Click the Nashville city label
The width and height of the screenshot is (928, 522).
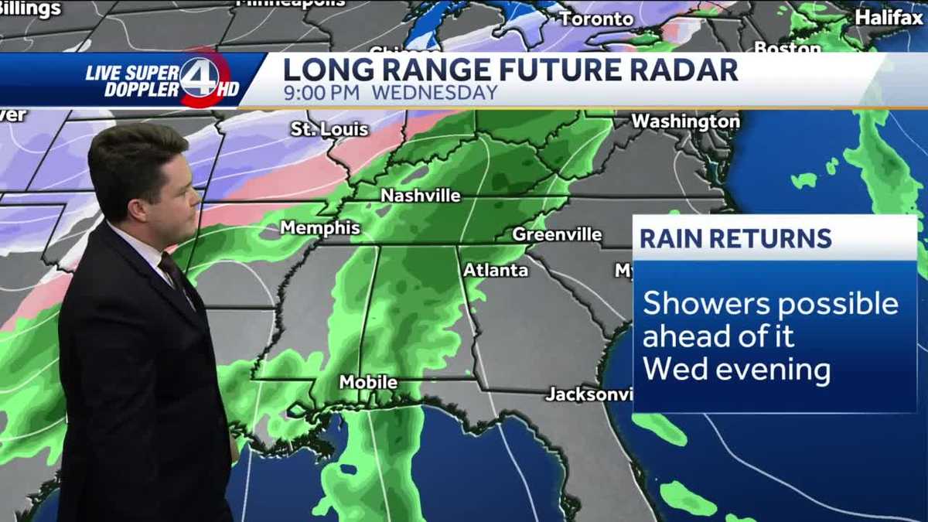coord(420,196)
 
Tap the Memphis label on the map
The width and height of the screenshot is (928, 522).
coord(320,228)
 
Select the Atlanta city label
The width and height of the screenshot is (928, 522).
coord(495,271)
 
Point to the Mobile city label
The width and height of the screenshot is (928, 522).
coord(368,383)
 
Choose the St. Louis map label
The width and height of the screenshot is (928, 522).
coord(329,129)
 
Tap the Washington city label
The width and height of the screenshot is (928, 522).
coord(685,121)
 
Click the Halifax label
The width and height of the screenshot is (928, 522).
coord(889,17)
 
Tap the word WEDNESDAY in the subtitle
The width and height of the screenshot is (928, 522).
coord(435,94)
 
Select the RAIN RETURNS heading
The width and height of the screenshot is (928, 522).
coord(735,238)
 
